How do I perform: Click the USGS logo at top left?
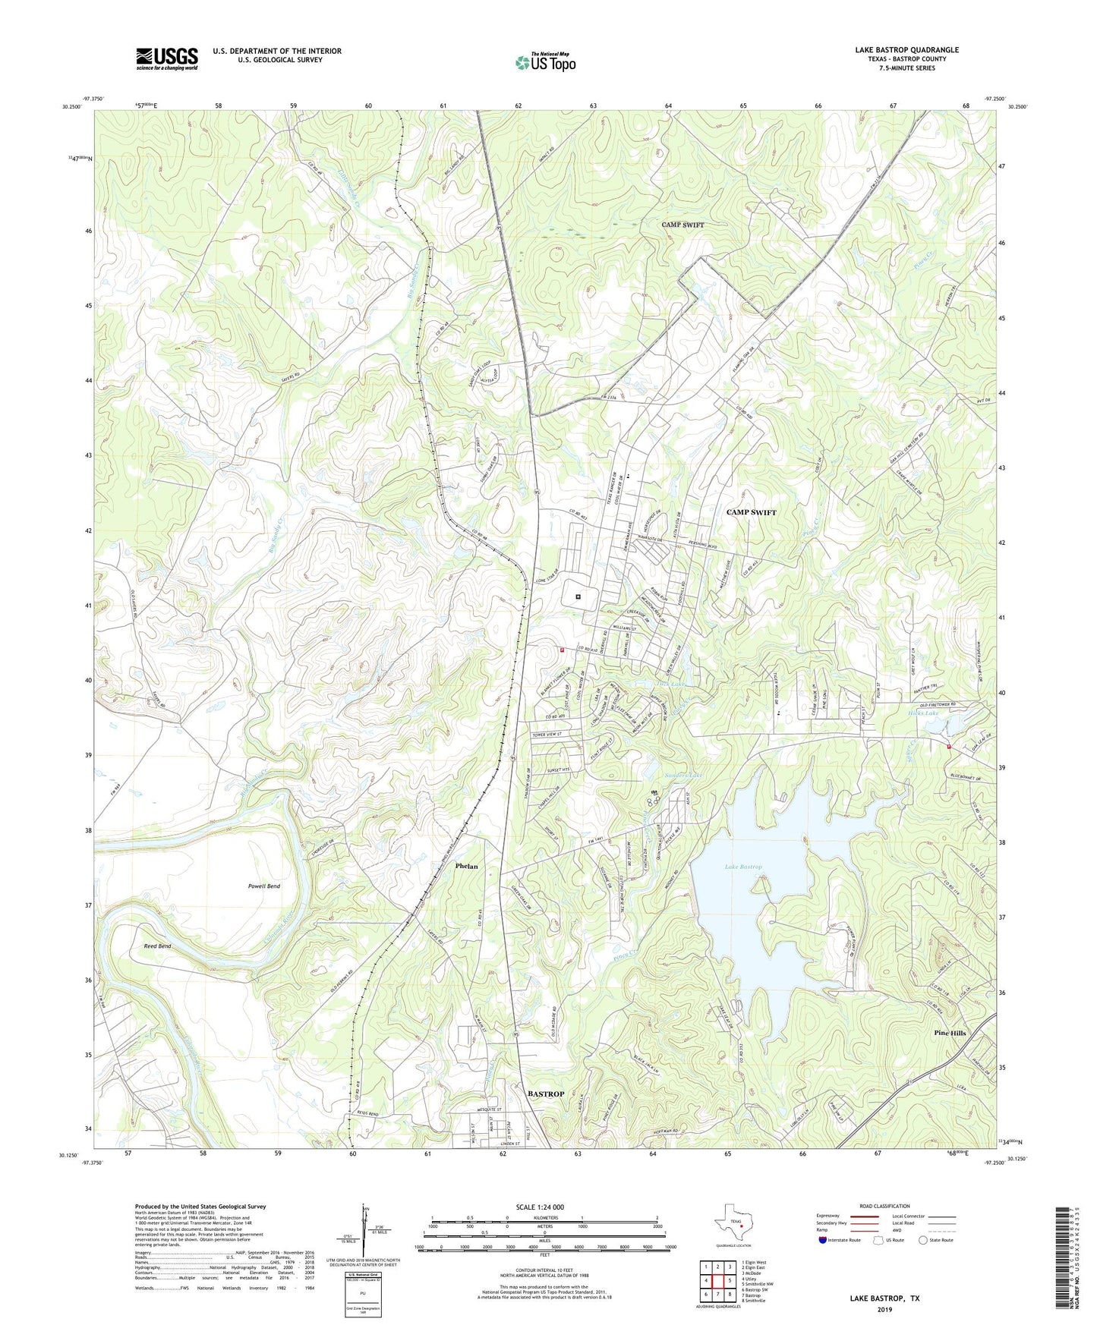(x=166, y=58)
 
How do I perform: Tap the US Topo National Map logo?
(x=544, y=61)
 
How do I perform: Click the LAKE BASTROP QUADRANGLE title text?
(x=906, y=50)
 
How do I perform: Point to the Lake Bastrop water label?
(x=742, y=867)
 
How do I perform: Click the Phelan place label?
(x=466, y=866)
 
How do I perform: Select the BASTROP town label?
(x=545, y=1094)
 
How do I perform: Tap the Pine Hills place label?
(x=950, y=1034)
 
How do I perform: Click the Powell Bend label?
(x=263, y=886)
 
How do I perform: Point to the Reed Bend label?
(x=157, y=946)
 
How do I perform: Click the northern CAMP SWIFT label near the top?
(x=682, y=225)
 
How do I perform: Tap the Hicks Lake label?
(x=923, y=713)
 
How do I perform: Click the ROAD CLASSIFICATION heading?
(x=885, y=1206)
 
